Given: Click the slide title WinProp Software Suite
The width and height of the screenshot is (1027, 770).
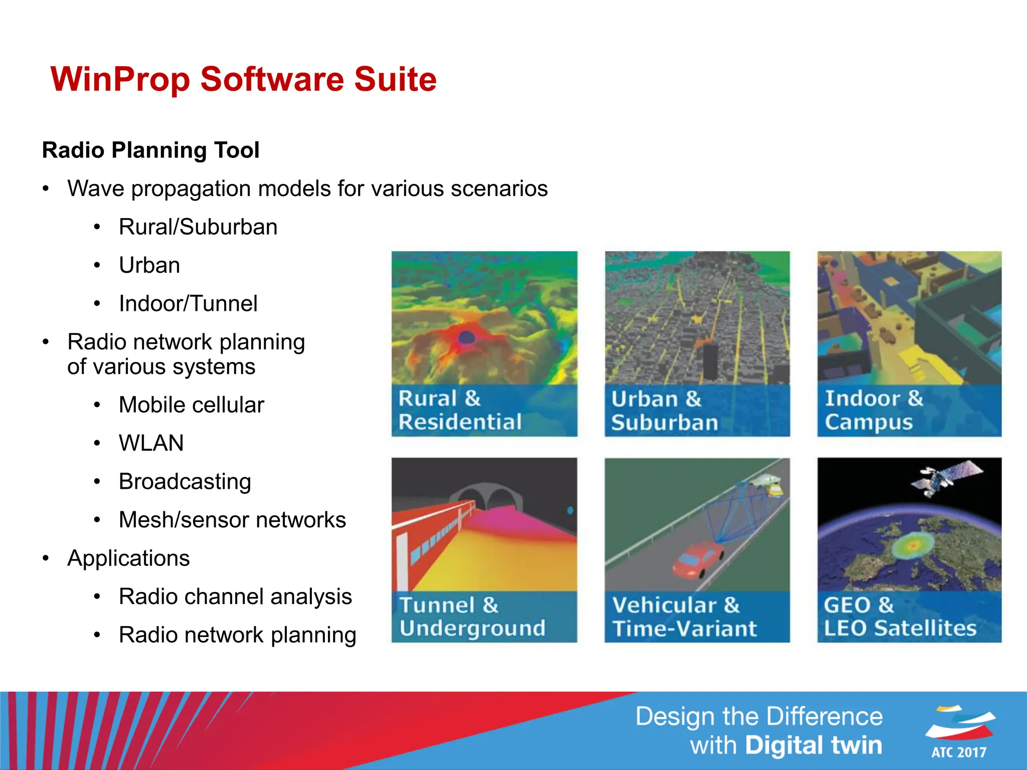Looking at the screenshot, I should point(244,79).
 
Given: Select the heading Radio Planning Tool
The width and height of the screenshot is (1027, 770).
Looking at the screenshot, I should point(150,150).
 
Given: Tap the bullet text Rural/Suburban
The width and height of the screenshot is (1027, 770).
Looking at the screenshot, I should point(198,227).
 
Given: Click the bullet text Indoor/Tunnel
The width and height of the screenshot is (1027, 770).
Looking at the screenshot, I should point(188,303).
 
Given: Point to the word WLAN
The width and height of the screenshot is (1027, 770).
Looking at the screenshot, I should point(151,443).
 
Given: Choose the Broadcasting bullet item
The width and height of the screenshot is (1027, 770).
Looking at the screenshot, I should point(185,481).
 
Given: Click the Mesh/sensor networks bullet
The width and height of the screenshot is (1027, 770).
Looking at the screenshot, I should point(232,520).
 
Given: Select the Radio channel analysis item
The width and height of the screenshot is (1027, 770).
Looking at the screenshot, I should point(235,597).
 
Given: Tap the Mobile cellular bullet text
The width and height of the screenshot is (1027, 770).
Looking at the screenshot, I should point(191,405).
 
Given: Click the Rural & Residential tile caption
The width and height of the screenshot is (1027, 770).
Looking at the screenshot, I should point(460,410).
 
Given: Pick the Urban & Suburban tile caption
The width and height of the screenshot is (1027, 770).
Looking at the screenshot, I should point(664,411).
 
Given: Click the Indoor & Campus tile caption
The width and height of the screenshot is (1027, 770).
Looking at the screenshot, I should point(874,410).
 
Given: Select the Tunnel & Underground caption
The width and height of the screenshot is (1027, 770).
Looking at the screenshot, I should point(472,617).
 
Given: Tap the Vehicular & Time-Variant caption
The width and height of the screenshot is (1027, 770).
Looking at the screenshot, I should point(684,617).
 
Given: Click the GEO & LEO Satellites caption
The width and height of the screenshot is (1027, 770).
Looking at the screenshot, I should point(900,617).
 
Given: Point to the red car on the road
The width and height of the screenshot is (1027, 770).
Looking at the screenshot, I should point(697,559).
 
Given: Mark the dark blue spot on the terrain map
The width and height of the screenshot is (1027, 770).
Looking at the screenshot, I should point(466,337).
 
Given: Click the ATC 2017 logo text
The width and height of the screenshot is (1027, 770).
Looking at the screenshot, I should point(959,752).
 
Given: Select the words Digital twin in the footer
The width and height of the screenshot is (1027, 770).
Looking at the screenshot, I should point(813,745).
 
